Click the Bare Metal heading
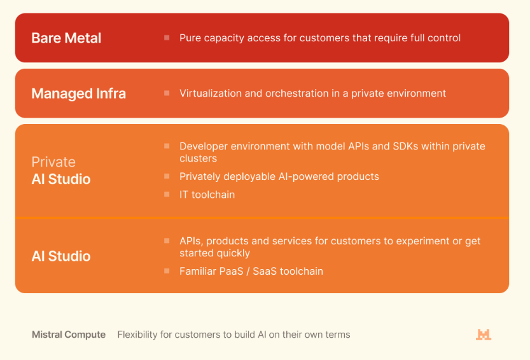pyautogui.click(x=66, y=38)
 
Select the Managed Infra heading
pyautogui.click(x=78, y=93)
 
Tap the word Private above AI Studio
pyautogui.click(x=53, y=162)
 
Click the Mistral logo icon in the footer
pyautogui.click(x=484, y=335)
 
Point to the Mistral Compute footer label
pyautogui.click(x=69, y=335)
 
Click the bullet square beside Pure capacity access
pyautogui.click(x=167, y=38)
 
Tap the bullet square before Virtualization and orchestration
pyautogui.click(x=167, y=93)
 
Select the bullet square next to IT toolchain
pyautogui.click(x=167, y=195)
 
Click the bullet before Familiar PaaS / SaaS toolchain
pyautogui.click(x=167, y=271)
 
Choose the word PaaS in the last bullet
pyautogui.click(x=231, y=271)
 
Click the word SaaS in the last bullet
pyautogui.click(x=265, y=271)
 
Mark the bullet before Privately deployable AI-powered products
pyautogui.click(x=167, y=176)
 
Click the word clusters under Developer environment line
pyautogui.click(x=198, y=158)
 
